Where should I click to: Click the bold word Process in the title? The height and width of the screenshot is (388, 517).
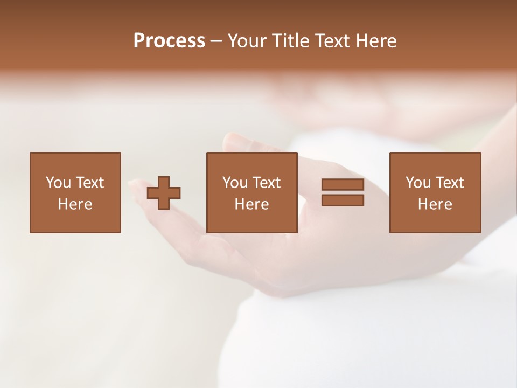click(169, 41)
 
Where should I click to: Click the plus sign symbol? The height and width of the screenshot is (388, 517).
click(164, 192)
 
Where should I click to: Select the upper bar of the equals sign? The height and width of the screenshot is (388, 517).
click(343, 185)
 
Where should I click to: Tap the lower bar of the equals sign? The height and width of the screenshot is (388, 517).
click(343, 200)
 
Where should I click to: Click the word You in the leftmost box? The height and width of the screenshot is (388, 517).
click(58, 183)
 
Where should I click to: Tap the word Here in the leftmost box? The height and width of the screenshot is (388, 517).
click(75, 204)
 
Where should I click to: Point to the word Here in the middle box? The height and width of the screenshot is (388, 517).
click(252, 204)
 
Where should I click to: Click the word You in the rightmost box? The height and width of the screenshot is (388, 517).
click(418, 183)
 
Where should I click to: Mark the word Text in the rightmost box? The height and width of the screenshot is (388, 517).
click(450, 183)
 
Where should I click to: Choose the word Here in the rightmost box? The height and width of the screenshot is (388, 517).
click(435, 204)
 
